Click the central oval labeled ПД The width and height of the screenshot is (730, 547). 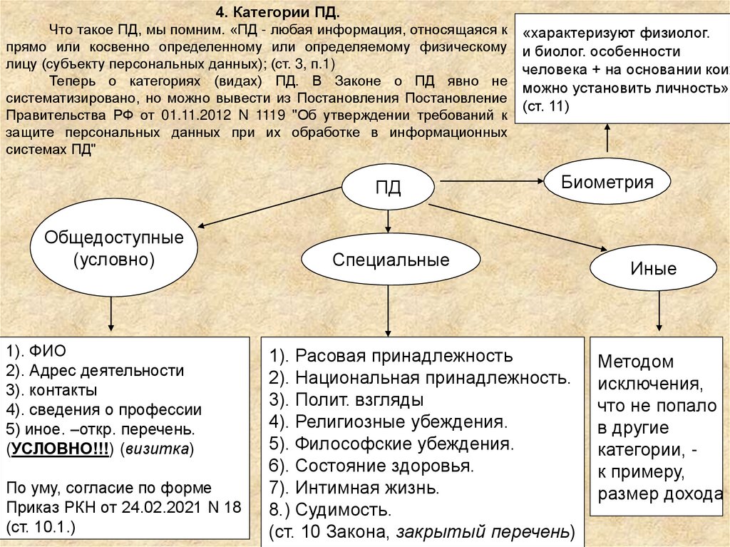[x=389, y=188]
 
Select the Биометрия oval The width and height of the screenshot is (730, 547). [x=607, y=181]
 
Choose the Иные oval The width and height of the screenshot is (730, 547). [x=653, y=269]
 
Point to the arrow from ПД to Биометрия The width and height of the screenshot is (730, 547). [x=489, y=182]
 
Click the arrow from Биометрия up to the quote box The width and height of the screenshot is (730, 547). [x=607, y=137]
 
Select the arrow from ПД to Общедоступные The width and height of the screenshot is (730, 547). [x=271, y=208]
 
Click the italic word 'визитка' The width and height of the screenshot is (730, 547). [x=156, y=449]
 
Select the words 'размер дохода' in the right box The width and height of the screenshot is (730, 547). [x=660, y=495]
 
